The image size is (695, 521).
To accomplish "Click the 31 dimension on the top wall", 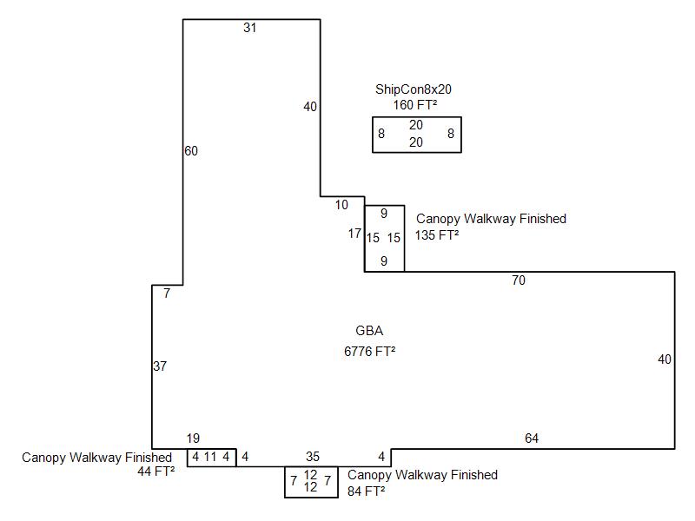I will (250, 28).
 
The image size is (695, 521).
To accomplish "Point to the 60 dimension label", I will (191, 151).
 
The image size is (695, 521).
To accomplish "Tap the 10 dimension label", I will (341, 205).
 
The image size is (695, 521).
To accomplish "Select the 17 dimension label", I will (354, 234).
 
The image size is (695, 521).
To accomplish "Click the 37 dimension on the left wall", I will (160, 366).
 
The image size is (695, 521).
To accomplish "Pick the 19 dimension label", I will (194, 439).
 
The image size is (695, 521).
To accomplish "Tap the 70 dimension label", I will (519, 280).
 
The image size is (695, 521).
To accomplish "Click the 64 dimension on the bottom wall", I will (532, 439).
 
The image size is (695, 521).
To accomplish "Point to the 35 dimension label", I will (313, 456).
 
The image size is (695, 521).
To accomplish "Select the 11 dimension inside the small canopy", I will (210, 456).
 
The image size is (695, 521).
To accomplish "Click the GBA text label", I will (369, 331).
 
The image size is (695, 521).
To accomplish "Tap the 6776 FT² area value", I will (370, 351).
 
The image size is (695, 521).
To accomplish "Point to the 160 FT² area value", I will (415, 105).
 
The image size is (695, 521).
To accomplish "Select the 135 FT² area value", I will (437, 234).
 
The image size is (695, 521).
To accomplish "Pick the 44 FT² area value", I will (156, 472).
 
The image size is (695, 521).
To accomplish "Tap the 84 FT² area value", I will (366, 491).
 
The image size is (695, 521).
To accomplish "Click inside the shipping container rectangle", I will (416, 134).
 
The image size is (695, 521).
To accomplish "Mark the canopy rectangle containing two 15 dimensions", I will (384, 238).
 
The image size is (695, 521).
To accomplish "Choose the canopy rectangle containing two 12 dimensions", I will (310, 482).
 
